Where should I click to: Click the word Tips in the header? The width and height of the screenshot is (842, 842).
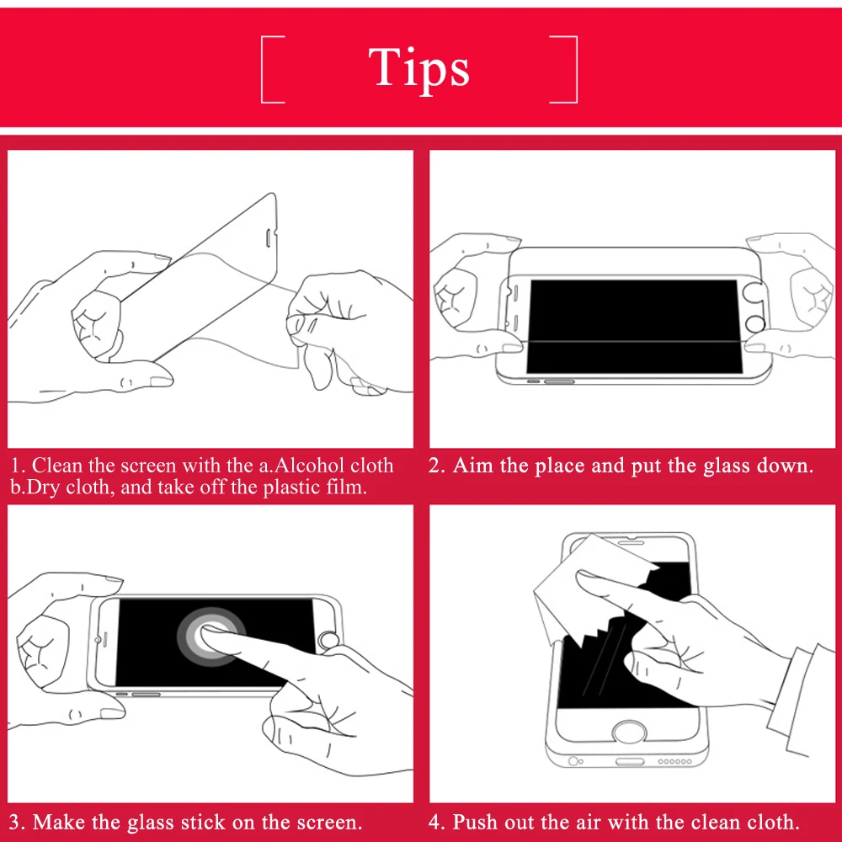[418, 67]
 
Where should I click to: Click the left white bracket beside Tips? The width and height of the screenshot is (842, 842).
[263, 69]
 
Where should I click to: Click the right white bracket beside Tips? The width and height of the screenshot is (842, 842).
[575, 69]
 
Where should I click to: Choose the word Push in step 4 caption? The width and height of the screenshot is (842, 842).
[474, 822]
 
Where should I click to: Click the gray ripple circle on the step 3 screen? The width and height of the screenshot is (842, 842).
[211, 637]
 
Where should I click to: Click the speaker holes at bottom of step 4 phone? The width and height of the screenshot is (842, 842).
[675, 761]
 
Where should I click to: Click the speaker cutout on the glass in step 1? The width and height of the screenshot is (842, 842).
[268, 238]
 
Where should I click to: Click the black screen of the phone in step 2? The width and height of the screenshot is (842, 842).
[634, 326]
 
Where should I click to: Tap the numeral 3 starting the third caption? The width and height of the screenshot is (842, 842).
[15, 822]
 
